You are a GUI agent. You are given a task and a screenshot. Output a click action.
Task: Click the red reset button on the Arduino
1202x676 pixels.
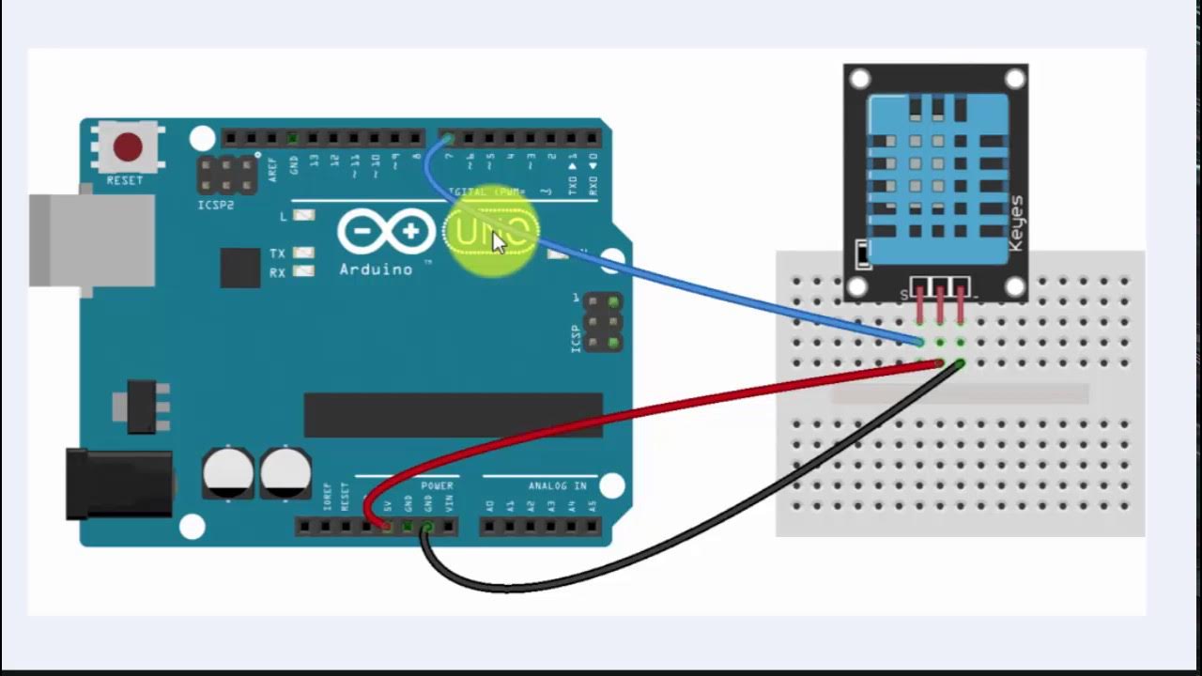[x=128, y=147]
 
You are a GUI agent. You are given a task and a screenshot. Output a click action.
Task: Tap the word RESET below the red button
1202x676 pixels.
[x=125, y=180]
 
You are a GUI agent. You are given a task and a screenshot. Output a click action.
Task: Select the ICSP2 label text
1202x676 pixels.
[x=215, y=205]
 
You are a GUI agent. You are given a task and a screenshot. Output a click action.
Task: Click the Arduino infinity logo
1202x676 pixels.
[x=386, y=231]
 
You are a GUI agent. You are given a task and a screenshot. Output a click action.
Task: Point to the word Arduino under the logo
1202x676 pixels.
[x=376, y=270]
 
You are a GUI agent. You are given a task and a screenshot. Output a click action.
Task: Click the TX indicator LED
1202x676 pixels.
[x=303, y=253]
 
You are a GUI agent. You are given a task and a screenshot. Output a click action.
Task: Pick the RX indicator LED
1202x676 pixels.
[x=303, y=272]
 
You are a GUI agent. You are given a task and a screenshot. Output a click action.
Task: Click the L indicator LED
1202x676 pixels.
[x=303, y=215]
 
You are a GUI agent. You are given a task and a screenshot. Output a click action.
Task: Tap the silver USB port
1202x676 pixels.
[x=91, y=239]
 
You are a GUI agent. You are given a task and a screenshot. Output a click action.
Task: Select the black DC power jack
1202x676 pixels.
[x=118, y=484]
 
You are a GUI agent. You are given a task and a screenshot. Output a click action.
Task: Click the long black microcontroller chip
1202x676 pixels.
[x=453, y=415]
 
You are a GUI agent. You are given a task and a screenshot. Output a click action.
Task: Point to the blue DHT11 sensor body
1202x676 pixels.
[x=938, y=178]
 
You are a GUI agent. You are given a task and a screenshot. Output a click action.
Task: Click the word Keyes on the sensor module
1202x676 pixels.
[x=1015, y=223]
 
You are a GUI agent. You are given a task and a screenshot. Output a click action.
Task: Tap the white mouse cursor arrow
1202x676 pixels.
[x=498, y=241]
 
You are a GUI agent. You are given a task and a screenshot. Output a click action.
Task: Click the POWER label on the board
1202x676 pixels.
[x=437, y=485]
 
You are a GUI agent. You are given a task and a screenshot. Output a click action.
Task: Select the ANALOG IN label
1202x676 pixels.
[x=558, y=485]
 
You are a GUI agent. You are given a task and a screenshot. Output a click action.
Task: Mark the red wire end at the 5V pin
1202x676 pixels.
[x=385, y=525]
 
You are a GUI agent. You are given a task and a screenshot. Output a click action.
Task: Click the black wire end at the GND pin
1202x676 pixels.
[x=427, y=529]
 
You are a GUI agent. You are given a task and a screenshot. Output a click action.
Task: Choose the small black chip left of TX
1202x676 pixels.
[x=239, y=268]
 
